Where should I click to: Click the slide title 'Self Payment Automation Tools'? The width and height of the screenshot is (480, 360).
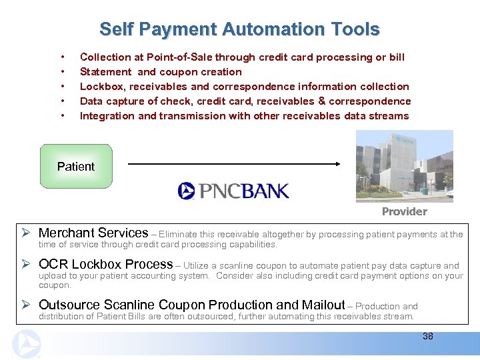(239, 29)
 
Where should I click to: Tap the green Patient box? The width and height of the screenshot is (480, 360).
(76, 166)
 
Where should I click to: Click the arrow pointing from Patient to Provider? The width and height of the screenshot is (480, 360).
(234, 163)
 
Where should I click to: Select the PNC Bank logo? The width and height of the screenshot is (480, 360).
(233, 191)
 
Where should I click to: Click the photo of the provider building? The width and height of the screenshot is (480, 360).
(404, 165)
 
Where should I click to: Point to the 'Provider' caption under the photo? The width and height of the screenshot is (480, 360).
(404, 211)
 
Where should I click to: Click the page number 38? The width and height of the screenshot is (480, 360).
(427, 336)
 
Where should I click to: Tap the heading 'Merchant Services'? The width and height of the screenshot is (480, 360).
(93, 233)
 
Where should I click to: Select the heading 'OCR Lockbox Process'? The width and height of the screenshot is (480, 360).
(106, 264)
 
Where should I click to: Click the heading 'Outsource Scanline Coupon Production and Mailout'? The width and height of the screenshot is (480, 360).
(192, 305)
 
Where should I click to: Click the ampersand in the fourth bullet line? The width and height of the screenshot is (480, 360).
(322, 101)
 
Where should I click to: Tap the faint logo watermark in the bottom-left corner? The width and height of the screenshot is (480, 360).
(27, 344)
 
